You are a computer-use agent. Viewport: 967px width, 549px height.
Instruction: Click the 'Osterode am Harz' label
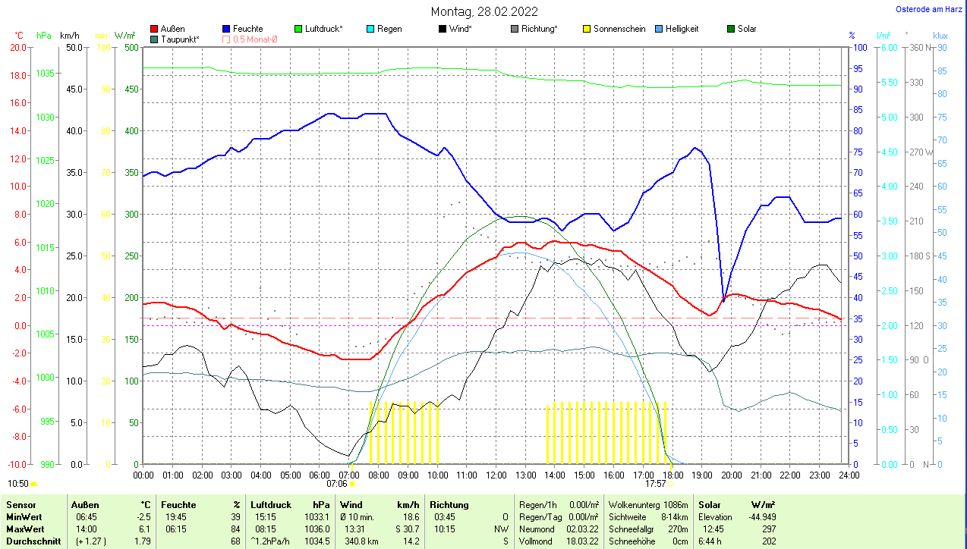[x=930, y=10]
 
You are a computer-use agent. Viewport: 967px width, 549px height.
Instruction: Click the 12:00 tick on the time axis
[x=496, y=475]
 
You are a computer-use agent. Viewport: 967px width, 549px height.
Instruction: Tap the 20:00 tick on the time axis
[x=731, y=475]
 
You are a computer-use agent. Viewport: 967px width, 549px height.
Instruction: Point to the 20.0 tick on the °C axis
[x=17, y=47]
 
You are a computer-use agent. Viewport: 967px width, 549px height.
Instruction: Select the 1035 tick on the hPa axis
[x=45, y=74]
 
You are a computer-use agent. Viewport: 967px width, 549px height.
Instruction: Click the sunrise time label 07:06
[x=337, y=483]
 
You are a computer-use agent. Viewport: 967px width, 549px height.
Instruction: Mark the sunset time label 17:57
[x=656, y=483]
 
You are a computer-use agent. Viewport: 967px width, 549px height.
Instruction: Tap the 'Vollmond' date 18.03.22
[x=582, y=541]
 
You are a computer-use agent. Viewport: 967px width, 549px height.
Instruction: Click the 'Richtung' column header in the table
[x=449, y=504]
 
